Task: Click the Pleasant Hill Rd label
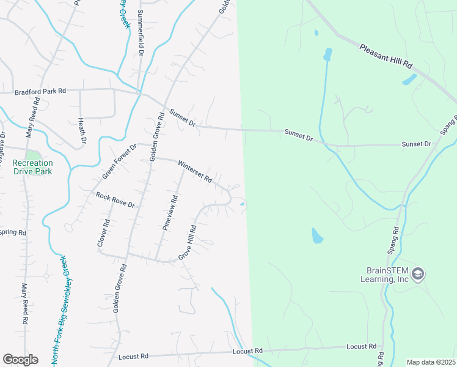[x=387, y=56]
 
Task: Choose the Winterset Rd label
[x=194, y=172]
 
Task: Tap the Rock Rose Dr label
[x=115, y=199]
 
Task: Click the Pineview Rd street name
[x=169, y=212]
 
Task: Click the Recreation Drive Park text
[x=32, y=167]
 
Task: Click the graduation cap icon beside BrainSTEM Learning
[x=419, y=274]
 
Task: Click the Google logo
[x=20, y=360]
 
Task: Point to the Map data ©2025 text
[x=431, y=362]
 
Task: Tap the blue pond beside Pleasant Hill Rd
[x=409, y=80]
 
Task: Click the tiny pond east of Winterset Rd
[x=243, y=204]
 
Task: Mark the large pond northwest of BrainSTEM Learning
[x=316, y=235]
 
